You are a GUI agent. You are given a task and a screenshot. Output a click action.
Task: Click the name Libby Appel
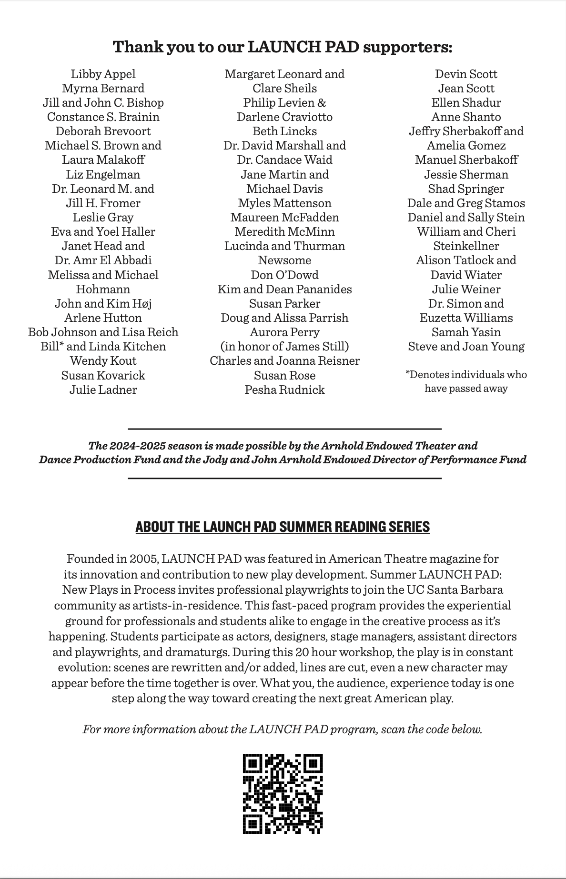coord(103,74)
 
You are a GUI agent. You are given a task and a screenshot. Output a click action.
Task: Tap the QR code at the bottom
coord(283,794)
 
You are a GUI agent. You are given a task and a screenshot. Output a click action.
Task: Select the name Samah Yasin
coord(466,332)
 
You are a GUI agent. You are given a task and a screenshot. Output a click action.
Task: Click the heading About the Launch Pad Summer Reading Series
coord(283,527)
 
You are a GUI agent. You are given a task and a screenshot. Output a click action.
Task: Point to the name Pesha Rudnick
coord(284,390)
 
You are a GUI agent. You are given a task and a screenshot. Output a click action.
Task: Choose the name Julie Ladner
coord(103,390)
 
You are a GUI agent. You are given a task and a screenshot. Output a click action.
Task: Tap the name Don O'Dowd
coord(284,275)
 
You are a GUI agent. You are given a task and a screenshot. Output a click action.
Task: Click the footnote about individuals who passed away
coord(466,381)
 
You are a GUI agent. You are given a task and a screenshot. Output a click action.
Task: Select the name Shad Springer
coord(466,189)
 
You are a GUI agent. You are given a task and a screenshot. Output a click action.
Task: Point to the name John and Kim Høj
coord(103,304)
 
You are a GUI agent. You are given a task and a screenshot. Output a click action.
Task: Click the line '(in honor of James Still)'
coord(284,347)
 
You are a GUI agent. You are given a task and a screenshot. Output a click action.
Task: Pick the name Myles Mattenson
coord(284,203)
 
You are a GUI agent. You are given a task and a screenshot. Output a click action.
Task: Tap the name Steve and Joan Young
coord(466,347)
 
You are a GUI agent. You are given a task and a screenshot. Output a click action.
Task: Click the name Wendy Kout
coord(103,361)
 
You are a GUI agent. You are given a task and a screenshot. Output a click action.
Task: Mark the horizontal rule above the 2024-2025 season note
coord(284,429)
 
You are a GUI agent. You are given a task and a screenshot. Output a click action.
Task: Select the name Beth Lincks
coord(284,131)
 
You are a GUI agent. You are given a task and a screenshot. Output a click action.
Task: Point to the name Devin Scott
coord(466,74)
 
